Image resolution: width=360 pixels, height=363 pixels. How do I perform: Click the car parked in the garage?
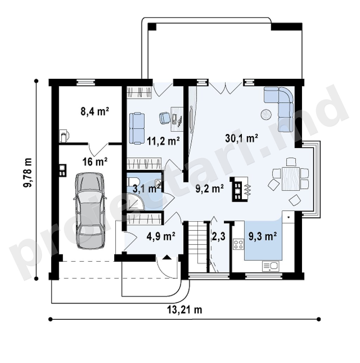(x=90, y=211)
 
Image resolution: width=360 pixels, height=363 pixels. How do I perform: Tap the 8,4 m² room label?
(x=95, y=112)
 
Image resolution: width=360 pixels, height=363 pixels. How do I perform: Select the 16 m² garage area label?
(x=95, y=161)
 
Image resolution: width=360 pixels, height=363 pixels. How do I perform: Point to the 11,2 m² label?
(x=163, y=141)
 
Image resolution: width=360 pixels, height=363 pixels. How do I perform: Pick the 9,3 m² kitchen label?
(x=263, y=236)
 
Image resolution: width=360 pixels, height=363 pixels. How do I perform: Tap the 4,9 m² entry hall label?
(x=161, y=236)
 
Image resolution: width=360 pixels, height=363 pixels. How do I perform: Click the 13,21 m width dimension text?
(x=185, y=310)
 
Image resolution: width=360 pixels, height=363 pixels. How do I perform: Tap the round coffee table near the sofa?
(x=267, y=114)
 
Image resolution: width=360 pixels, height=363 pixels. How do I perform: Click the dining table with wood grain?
(x=291, y=179)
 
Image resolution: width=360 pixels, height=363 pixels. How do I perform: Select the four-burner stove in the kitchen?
(x=238, y=244)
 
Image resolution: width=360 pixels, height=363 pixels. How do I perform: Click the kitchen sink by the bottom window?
(x=270, y=266)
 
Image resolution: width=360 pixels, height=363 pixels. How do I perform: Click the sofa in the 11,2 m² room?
(x=137, y=128)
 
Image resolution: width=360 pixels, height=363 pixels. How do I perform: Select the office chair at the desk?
(x=165, y=117)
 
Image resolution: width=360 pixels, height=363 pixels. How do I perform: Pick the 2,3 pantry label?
(x=218, y=237)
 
